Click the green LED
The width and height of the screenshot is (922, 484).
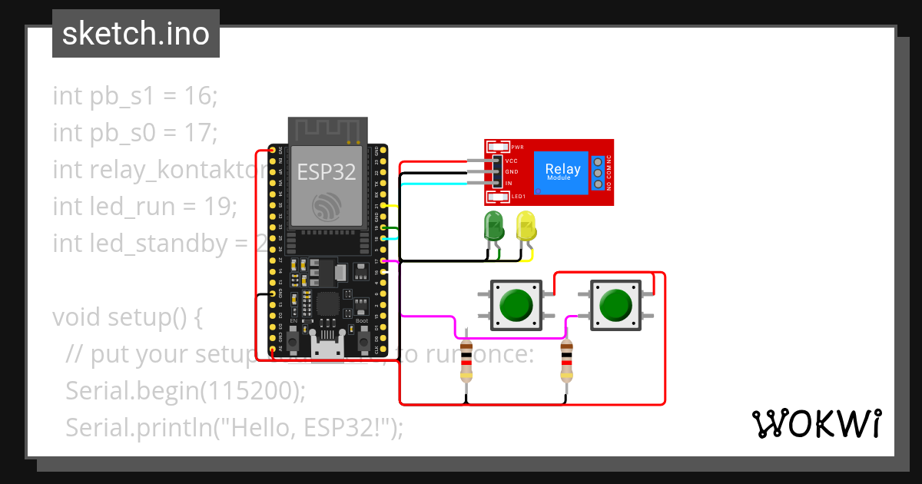click(493, 227)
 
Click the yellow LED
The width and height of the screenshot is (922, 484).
click(527, 227)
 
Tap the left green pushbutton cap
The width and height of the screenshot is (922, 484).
click(516, 305)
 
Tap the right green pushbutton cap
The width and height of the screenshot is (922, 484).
click(615, 305)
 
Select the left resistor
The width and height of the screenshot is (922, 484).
click(466, 362)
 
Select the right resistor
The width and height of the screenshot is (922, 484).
click(566, 362)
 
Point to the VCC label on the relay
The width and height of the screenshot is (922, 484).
click(511, 161)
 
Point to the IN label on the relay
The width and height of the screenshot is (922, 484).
click(509, 183)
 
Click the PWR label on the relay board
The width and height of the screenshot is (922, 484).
click(517, 147)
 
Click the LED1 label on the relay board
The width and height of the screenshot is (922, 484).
click(519, 197)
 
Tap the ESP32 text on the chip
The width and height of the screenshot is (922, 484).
click(327, 172)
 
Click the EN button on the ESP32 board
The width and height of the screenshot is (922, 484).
click(294, 337)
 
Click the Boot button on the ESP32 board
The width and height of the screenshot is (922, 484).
click(363, 337)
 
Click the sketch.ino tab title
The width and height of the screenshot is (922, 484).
click(136, 34)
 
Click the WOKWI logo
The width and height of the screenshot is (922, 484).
click(816, 423)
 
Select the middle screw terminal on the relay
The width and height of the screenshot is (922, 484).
click(597, 173)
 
